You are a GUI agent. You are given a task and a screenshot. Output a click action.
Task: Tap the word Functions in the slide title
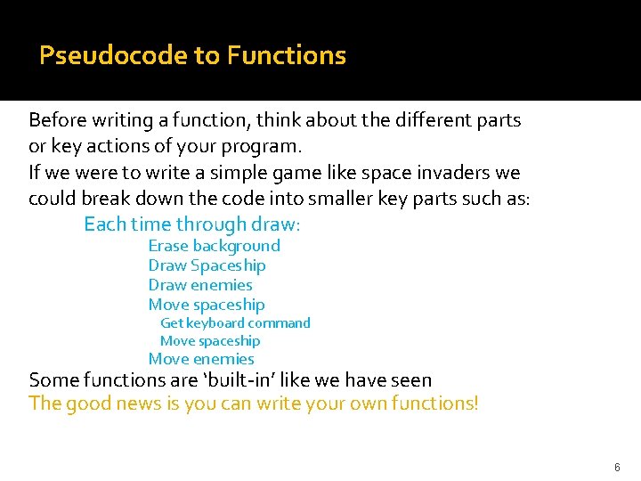tap(286, 55)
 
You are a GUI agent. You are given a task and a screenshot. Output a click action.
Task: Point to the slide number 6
tap(616, 467)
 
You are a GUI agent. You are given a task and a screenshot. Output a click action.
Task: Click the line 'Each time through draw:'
tap(191, 224)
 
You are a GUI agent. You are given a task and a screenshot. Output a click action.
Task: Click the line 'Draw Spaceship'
tap(207, 265)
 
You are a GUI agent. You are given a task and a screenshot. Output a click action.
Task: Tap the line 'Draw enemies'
tap(200, 285)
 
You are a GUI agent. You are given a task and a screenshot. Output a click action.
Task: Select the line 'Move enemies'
tap(201, 359)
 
